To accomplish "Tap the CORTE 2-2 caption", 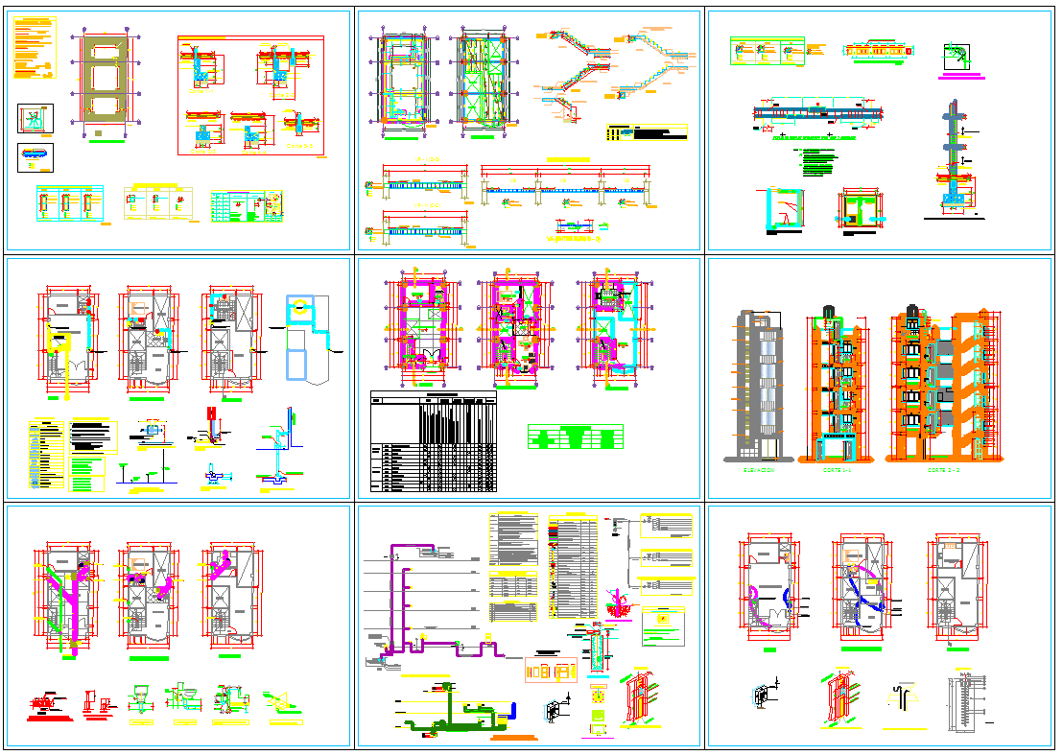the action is point(943,470).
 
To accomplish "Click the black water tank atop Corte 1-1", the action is point(827,310).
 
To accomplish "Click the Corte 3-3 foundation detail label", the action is point(200,151).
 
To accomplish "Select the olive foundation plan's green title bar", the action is point(106,140).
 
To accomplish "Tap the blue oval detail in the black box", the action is point(35,156).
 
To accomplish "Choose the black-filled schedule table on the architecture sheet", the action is point(434,441).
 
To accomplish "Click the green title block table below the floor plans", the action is point(574,437).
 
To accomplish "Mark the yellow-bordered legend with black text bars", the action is point(647,133).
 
